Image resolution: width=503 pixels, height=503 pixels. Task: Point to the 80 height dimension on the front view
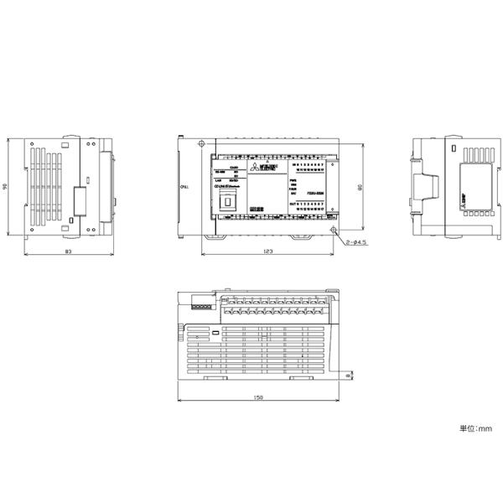coord(359,188)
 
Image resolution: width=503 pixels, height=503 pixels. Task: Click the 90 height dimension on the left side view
coord(6,188)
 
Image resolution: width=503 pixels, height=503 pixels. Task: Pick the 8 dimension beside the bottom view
coord(348,378)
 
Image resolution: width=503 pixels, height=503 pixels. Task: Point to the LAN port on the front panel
coord(227,200)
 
